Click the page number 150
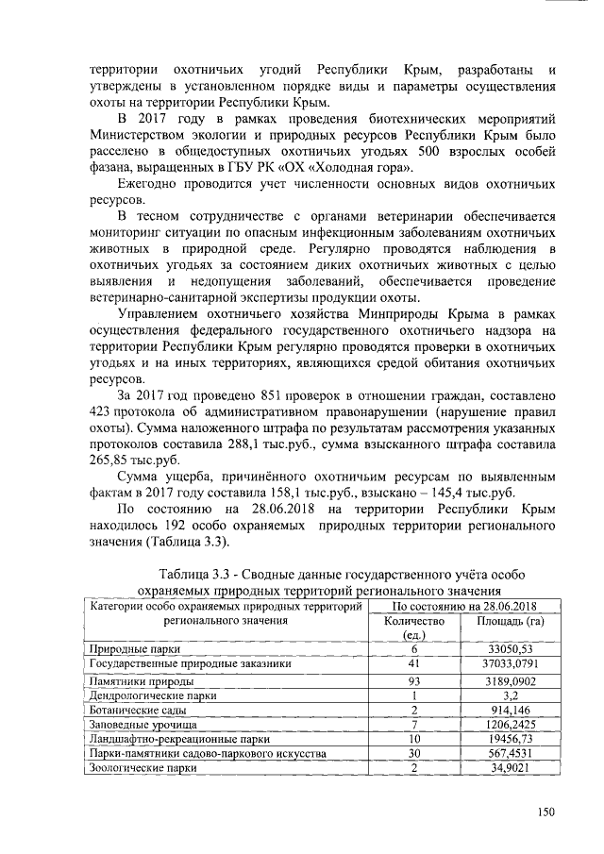click(x=545, y=811)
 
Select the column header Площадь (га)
click(x=511, y=622)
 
